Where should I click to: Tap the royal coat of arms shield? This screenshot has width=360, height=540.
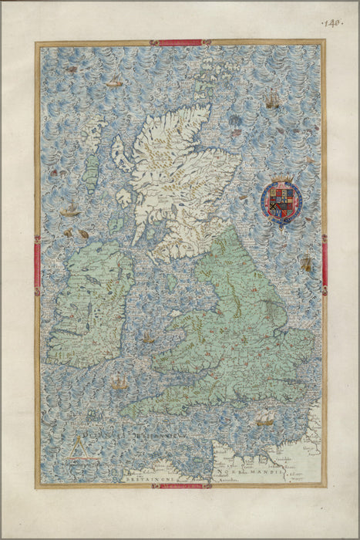pyautogui.click(x=282, y=201)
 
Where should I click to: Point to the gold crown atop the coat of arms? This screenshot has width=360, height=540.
pyautogui.click(x=282, y=182)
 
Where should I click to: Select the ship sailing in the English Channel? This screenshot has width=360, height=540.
pyautogui.click(x=264, y=419)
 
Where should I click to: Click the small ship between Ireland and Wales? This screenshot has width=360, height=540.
pyautogui.click(x=148, y=337)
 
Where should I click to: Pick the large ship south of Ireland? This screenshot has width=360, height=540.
pyautogui.click(x=118, y=382)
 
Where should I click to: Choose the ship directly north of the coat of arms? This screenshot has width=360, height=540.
pyautogui.click(x=272, y=100)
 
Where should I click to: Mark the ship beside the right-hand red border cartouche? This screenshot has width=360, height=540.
pyautogui.click(x=306, y=263)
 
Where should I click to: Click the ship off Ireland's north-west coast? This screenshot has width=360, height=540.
pyautogui.click(x=71, y=210)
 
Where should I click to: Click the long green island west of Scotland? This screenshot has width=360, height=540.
pyautogui.click(x=92, y=167)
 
